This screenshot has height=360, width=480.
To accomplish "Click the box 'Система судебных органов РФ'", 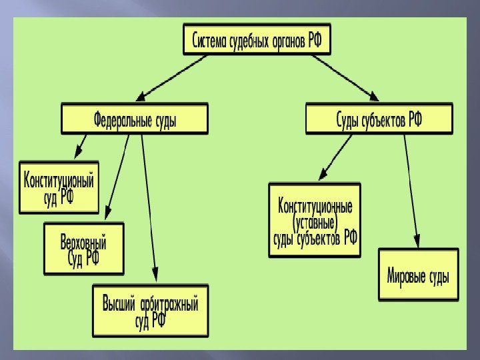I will point(257,41).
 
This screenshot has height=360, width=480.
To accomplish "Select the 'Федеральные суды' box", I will point(135,119).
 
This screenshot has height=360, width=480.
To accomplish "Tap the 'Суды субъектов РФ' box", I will point(379,119).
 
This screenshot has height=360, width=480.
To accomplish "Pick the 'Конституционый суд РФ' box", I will point(59,187).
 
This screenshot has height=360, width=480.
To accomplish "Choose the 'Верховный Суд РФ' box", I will point(84,249).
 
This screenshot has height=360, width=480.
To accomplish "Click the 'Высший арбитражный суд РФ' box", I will point(150,311).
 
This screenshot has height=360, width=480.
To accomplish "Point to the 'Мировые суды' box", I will point(418,275).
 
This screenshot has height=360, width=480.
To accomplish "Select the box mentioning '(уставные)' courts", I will point(315,220).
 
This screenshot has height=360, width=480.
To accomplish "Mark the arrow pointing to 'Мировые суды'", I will point(411,189).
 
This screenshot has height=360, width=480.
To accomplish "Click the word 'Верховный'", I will point(84,243).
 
